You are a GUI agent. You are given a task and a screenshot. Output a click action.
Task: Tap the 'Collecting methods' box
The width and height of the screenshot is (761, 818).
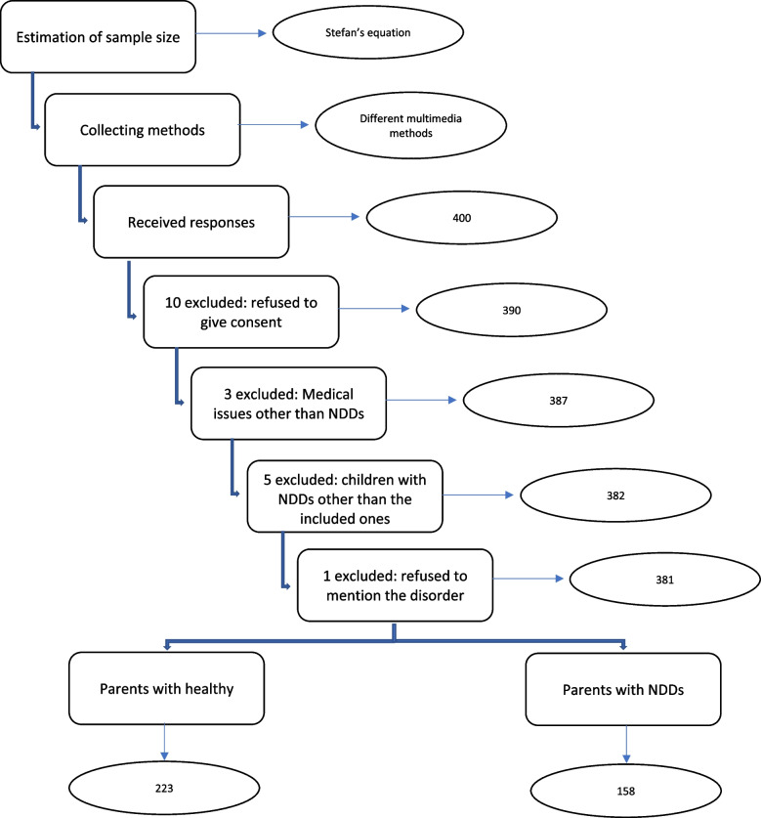141,127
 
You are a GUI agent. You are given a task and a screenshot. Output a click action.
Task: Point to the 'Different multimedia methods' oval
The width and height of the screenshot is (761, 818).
410,129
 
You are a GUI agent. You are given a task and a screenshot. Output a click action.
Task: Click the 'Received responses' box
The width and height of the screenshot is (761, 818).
190,222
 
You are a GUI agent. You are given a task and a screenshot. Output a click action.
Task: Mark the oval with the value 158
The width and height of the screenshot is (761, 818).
626,786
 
